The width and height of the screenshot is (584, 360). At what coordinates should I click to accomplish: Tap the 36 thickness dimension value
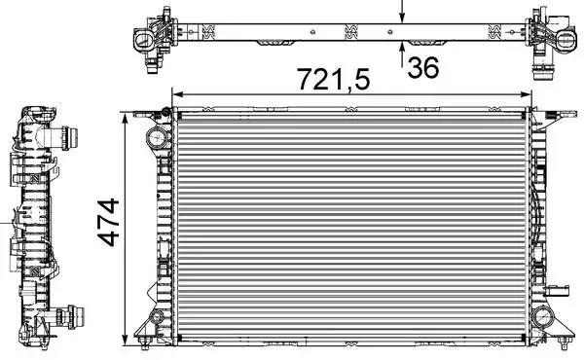(424, 69)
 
